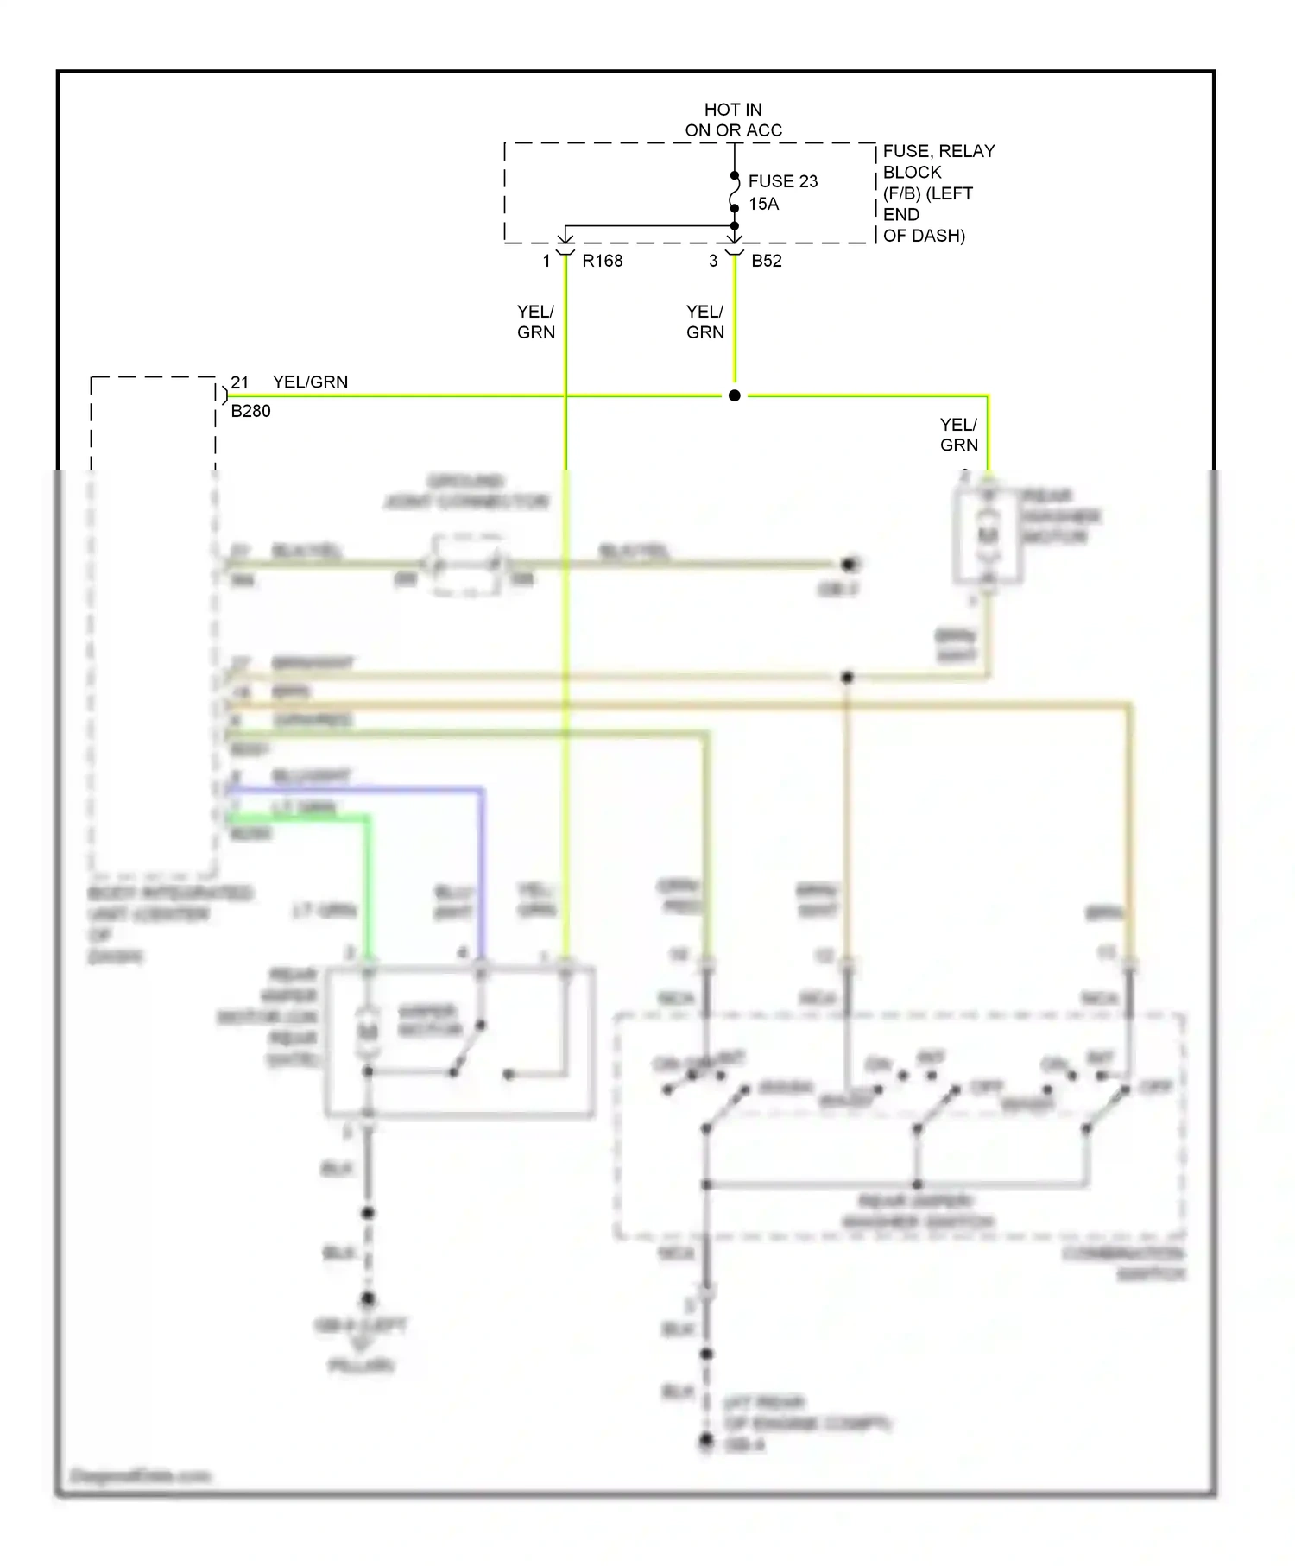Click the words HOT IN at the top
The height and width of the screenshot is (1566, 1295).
(x=732, y=110)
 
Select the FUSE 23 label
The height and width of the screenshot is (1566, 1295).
(x=782, y=181)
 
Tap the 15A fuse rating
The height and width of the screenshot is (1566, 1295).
(x=763, y=204)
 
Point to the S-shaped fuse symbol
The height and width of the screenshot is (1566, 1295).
(x=735, y=192)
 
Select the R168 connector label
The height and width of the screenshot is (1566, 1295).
(x=602, y=261)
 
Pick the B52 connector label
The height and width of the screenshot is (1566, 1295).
(x=766, y=261)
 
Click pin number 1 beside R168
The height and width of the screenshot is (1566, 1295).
(x=546, y=261)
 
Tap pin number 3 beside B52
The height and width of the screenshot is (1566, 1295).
(x=713, y=261)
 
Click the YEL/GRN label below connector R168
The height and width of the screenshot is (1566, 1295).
(x=535, y=322)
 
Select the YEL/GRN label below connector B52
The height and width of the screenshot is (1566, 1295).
(x=704, y=322)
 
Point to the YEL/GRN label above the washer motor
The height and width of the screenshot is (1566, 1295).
(x=958, y=434)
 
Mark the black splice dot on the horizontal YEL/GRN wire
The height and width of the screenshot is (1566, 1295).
(x=735, y=395)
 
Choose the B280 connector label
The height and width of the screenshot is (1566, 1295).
(x=250, y=411)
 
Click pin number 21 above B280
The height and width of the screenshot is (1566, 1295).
(x=239, y=382)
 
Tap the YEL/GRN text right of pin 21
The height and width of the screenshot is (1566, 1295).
(x=310, y=382)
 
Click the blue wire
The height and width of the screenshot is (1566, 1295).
(x=482, y=863)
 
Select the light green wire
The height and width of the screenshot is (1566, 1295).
(x=368, y=881)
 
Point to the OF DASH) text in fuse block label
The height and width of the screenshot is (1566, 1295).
(x=923, y=236)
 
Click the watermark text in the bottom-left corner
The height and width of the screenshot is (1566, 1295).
(x=140, y=1475)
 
